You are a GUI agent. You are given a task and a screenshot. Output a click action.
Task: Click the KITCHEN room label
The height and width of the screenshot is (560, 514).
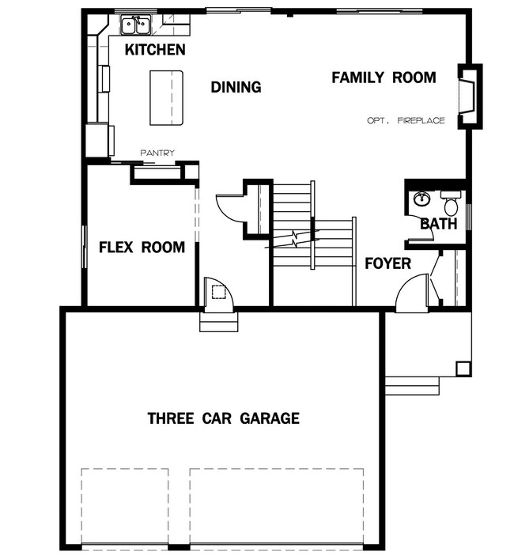click(155, 50)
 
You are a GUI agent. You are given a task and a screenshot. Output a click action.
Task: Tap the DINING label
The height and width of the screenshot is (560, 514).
click(236, 87)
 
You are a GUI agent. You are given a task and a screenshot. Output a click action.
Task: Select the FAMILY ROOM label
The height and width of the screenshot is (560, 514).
click(384, 78)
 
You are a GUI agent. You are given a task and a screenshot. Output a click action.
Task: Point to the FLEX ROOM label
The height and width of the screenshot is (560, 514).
click(142, 247)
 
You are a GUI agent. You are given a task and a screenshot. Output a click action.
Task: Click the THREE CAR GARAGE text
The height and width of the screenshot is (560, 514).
click(224, 418)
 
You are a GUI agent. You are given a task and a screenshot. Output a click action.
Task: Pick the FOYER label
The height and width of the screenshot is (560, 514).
click(387, 263)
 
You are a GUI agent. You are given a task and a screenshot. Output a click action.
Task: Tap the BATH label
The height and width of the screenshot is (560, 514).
click(439, 224)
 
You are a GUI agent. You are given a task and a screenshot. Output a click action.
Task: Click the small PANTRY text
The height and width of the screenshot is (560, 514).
click(157, 153)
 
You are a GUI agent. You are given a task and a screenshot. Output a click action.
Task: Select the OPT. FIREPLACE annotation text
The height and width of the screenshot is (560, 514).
click(406, 120)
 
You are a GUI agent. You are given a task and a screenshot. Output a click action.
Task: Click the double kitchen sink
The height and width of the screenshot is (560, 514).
click(135, 25)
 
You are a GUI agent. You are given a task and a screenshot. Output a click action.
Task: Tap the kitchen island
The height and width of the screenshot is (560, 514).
click(166, 98)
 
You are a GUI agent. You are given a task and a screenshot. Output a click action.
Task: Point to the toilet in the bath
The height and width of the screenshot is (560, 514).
click(451, 202)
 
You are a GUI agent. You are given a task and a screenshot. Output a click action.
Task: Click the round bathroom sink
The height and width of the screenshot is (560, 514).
click(422, 199)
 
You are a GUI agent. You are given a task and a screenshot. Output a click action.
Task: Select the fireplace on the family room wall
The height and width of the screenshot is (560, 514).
click(470, 96)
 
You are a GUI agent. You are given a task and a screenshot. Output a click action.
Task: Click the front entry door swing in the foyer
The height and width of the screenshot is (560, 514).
click(411, 292)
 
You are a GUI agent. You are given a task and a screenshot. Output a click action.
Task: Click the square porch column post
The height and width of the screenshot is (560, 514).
click(463, 369)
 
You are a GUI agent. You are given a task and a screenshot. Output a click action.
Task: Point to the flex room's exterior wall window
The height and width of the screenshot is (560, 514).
click(85, 247)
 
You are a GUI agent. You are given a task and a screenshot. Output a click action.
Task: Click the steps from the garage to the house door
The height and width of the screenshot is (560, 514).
click(218, 322)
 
